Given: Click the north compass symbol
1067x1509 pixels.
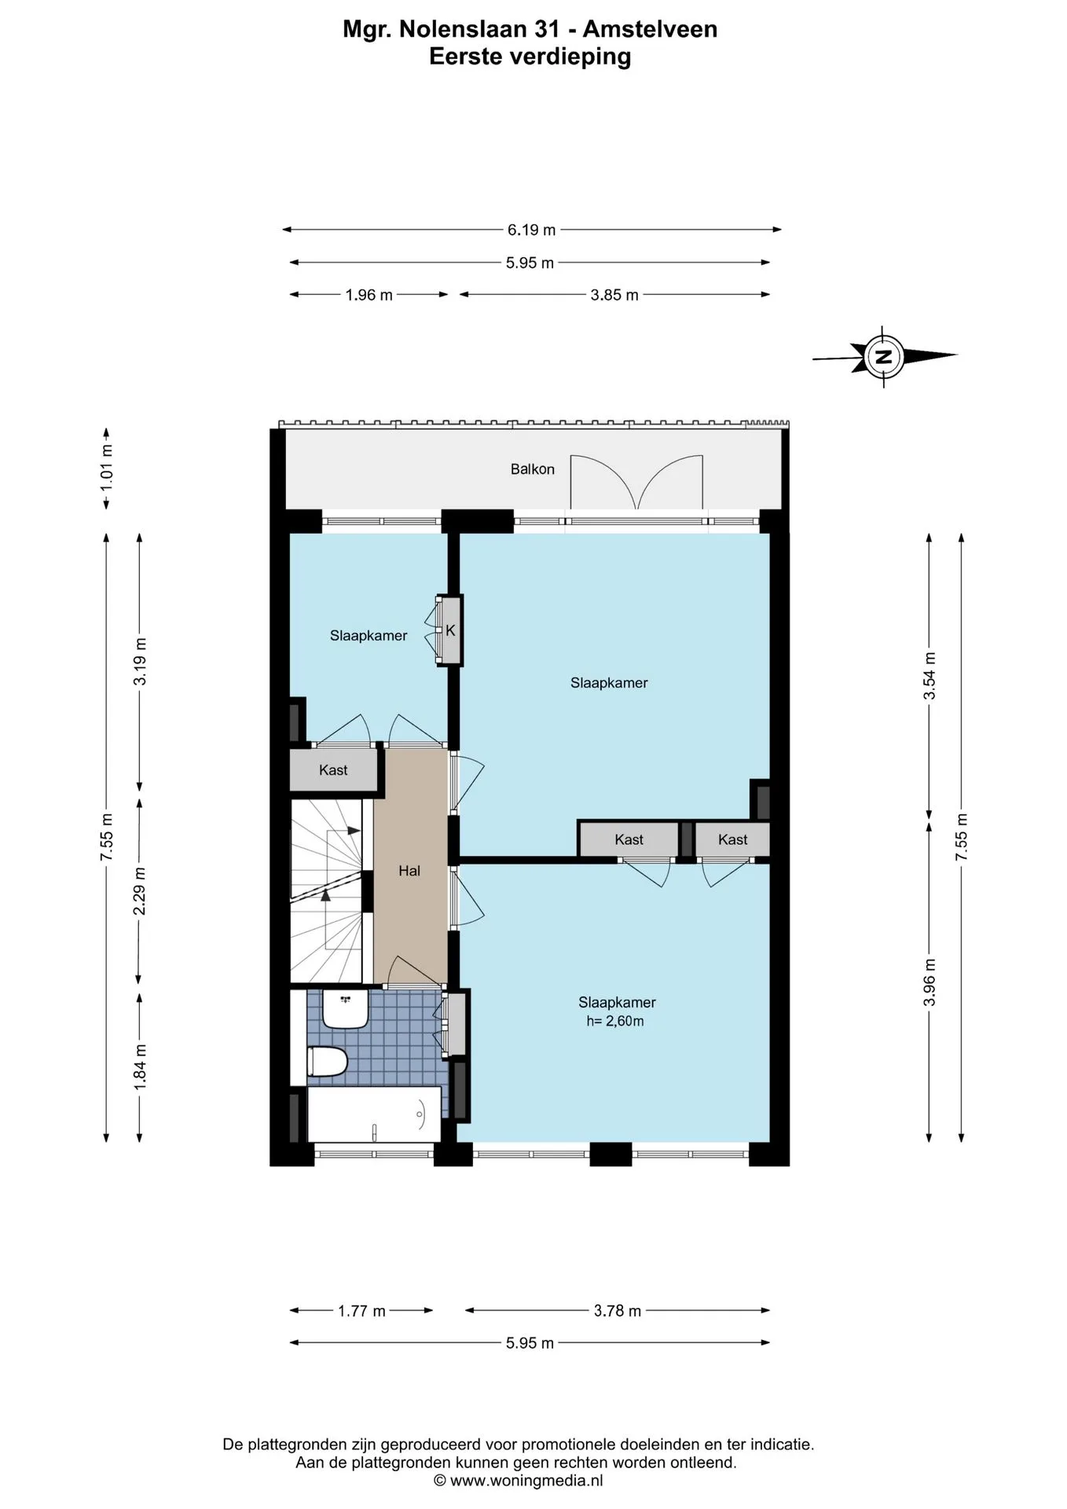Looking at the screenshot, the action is (x=884, y=356).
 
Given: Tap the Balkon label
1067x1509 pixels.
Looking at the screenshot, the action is (x=533, y=469).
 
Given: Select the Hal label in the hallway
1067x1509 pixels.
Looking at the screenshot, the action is (x=409, y=871).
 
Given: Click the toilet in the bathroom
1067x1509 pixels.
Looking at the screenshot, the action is (x=328, y=1062).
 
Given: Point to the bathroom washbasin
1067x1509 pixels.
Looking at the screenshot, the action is (x=346, y=1009).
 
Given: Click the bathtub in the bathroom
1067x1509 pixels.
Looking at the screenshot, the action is (x=374, y=1114).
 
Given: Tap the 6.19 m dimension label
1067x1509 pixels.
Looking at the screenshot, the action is (x=531, y=230).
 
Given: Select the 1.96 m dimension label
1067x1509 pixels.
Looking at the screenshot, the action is (x=369, y=296).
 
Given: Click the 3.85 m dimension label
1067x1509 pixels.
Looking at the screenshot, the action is (x=614, y=296).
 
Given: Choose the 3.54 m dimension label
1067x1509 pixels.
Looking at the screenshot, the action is (x=929, y=676).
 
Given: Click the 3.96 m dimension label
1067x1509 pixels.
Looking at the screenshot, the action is (x=929, y=982).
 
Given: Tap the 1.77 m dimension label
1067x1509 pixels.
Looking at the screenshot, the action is (x=361, y=1311).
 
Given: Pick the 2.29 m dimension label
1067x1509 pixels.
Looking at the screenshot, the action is (x=140, y=891).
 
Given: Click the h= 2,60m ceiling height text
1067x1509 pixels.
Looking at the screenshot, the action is (x=615, y=1022).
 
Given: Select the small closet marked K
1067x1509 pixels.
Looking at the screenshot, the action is (x=450, y=630).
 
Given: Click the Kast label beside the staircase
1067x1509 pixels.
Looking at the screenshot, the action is (x=333, y=770).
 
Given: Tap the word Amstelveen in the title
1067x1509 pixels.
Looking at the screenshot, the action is (x=650, y=29).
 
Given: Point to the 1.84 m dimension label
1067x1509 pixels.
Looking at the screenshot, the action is (x=140, y=1067).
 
